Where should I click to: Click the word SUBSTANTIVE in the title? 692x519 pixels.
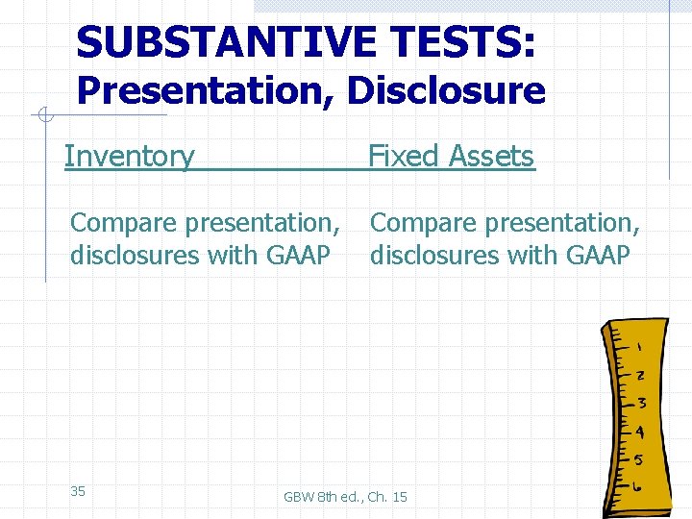226,42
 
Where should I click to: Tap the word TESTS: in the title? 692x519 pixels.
462,42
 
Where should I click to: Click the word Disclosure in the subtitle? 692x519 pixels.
446,91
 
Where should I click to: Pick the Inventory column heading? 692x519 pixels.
129,156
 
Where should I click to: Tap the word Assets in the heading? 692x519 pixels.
489,156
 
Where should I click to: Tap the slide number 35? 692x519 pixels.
78,491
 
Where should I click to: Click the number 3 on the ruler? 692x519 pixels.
640,402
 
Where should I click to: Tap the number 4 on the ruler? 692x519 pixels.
639,432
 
